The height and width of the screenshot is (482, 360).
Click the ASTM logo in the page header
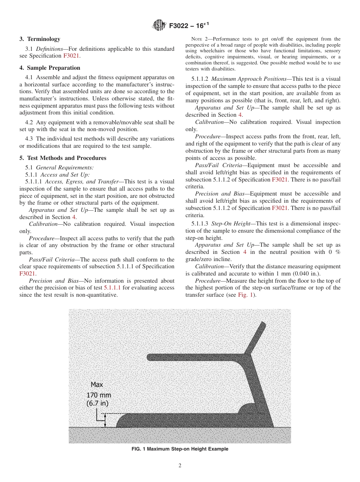tap(159, 25)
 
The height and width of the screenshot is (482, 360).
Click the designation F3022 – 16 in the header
tap(187, 25)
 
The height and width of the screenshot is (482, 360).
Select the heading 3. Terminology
tap(40, 39)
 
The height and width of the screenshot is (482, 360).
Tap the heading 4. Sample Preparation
tap(50, 68)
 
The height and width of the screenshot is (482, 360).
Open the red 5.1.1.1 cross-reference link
tap(112, 288)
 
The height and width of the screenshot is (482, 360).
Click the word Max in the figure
tap(97, 385)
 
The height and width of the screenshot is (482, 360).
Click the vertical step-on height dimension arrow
tap(105, 420)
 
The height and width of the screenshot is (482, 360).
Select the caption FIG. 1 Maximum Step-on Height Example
tap(180, 449)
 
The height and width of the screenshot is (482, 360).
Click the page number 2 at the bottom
tap(180, 466)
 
